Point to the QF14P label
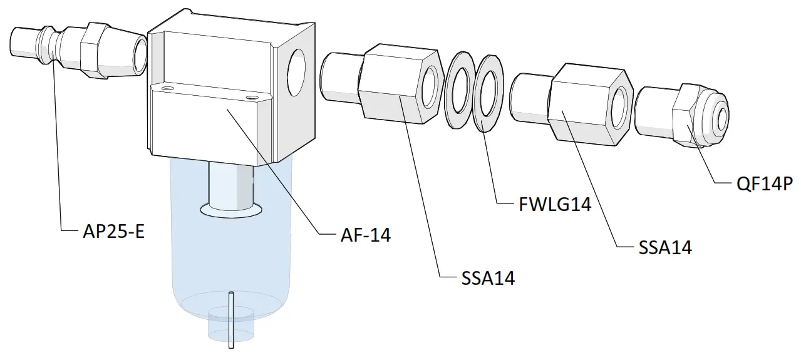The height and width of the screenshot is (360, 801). point(765,184)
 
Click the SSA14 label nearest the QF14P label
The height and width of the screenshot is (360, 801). point(665,247)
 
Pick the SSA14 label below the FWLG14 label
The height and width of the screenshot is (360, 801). point(488,277)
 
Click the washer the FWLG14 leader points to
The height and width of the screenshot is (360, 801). point(489,93)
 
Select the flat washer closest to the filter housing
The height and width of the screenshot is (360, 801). point(459,91)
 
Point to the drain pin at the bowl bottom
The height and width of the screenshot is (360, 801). point(231,319)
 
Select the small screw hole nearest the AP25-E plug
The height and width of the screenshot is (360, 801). point(166,90)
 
